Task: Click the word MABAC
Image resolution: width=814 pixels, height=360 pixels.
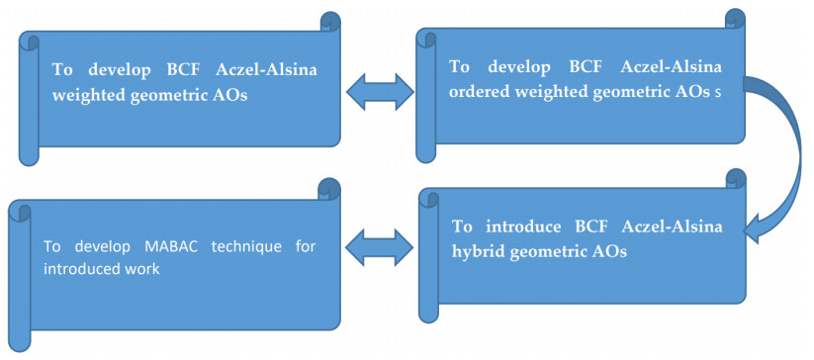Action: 173,246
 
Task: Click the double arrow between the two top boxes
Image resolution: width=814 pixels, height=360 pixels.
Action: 380,92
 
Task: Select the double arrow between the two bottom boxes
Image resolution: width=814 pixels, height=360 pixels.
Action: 380,249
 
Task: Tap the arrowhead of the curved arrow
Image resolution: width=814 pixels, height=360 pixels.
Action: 758,230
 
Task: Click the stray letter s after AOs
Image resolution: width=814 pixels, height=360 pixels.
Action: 718,94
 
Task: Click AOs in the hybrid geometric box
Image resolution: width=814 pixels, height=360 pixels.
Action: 610,252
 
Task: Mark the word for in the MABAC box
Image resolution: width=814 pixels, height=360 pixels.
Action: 306,246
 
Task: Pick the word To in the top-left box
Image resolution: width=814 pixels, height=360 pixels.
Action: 62,70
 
